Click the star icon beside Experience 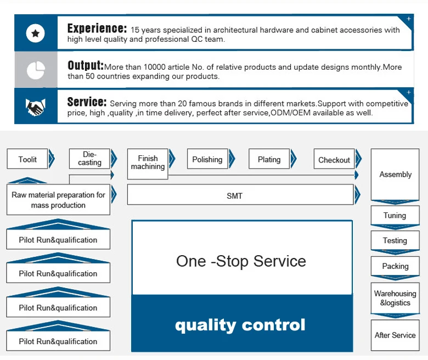click(36, 33)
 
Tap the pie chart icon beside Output click(36, 70)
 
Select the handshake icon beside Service click(36, 107)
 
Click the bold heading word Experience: click(97, 29)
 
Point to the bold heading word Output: click(85, 66)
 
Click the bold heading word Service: click(87, 102)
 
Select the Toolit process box click(27, 160)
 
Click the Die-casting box click(89, 159)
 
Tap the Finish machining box click(148, 163)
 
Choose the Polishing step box click(207, 160)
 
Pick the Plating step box click(269, 160)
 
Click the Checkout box click(334, 160)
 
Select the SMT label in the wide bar click(234, 196)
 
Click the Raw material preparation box click(58, 200)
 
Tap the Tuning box click(395, 216)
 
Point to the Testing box click(395, 240)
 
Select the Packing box click(395, 266)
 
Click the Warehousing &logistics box click(395, 298)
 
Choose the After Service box click(395, 335)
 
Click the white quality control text click(240, 325)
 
